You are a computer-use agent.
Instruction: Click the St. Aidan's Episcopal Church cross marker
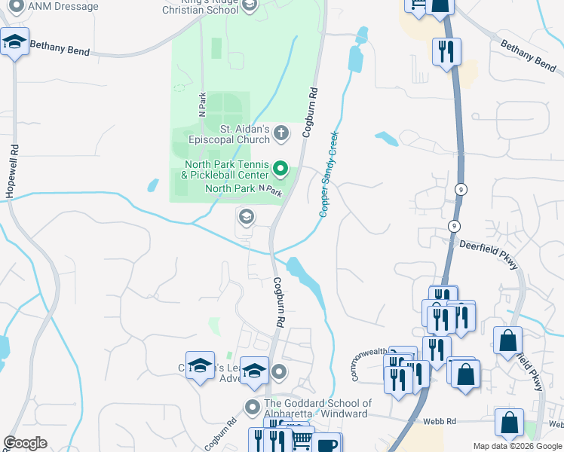(280, 134)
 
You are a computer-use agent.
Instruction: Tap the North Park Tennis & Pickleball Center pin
(280, 168)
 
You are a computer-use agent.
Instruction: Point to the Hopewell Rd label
(11, 173)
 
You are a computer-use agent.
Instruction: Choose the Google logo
(25, 443)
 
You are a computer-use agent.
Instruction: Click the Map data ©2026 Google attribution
(517, 446)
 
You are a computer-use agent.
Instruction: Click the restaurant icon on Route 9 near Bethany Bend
(446, 51)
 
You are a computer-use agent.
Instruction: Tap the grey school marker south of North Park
(246, 218)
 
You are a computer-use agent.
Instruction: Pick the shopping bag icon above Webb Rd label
(509, 423)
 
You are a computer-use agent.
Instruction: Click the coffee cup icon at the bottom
(327, 444)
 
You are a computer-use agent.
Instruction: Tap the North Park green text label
(230, 188)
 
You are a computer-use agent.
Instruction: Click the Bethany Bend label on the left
(60, 50)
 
